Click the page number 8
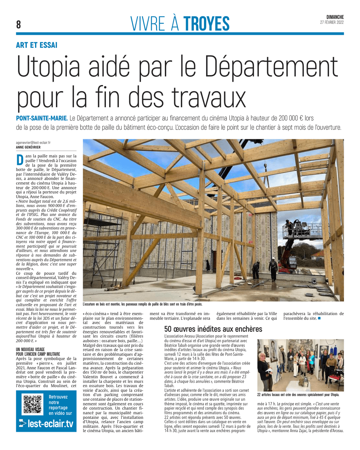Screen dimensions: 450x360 pos(19,24)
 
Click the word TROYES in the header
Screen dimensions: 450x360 pos(206,24)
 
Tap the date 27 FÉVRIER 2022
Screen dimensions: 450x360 pos(332,22)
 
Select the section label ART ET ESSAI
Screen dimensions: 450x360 pos(37,45)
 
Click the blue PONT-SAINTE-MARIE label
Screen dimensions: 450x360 pos(42,118)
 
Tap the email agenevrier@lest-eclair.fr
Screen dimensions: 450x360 pos(33,143)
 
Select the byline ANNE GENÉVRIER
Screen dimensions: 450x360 pos(28,147)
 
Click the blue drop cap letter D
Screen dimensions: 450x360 pos(20,160)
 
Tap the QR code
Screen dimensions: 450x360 pos(33,404)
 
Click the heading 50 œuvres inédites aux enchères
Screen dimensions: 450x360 pos(213,329)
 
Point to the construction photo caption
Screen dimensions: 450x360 pos(142,304)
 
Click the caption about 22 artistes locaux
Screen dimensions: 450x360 pos(298,395)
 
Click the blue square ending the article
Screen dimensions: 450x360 pos(319,318)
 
